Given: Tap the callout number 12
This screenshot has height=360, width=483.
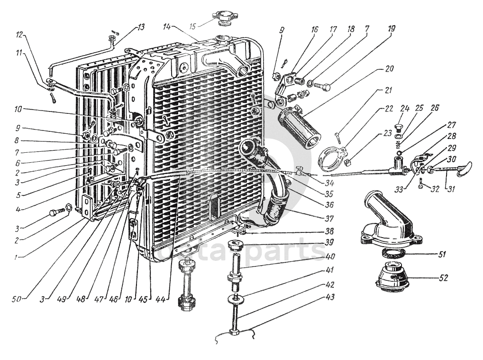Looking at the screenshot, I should point(19,35).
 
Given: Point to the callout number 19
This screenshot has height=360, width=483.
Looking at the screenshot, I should point(391,28).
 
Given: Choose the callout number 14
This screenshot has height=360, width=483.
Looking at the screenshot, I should point(166,27).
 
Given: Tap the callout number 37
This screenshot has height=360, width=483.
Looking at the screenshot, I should point(329,219).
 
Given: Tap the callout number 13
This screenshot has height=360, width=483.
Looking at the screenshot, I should point(141,27).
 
